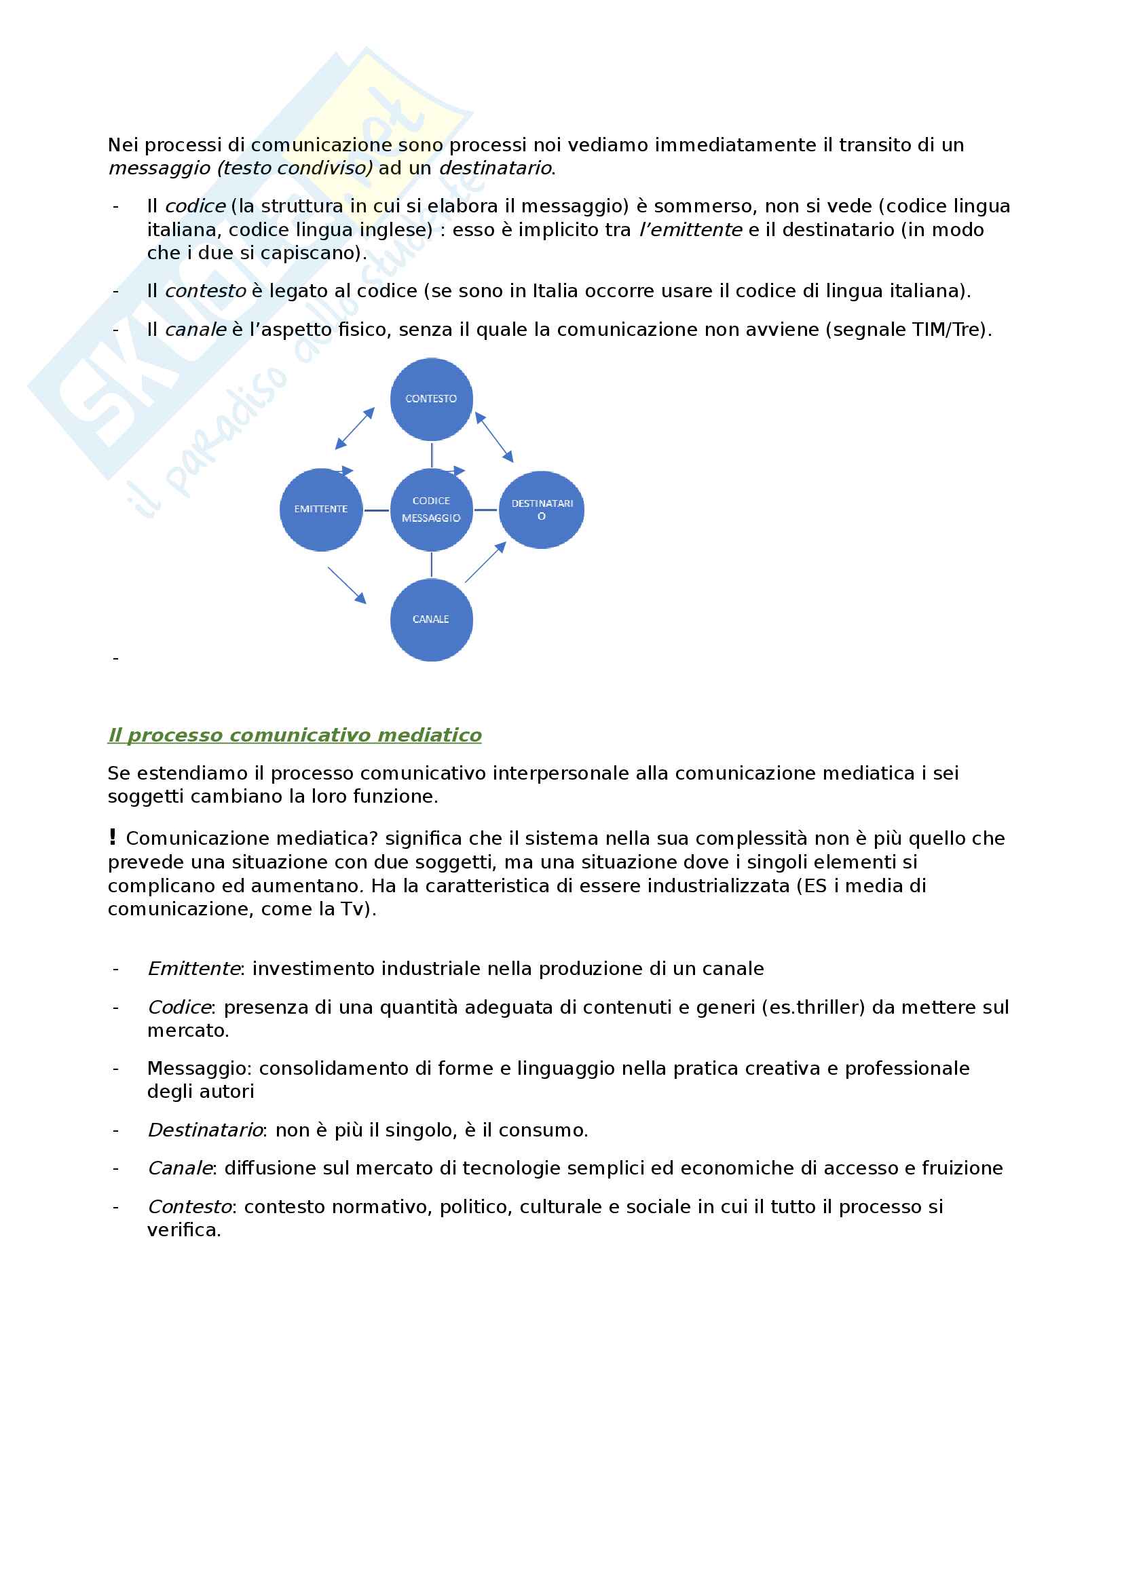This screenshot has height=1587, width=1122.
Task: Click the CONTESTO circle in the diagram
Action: click(x=432, y=399)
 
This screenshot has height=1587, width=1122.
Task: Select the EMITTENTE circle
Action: click(x=321, y=510)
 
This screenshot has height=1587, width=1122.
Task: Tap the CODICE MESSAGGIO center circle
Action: click(x=432, y=510)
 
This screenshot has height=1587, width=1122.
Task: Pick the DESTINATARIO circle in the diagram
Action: click(x=541, y=510)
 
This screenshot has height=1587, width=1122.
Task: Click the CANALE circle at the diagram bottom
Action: click(x=432, y=619)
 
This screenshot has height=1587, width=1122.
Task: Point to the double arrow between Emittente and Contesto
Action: click(x=354, y=428)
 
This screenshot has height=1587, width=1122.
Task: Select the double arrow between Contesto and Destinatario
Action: click(x=494, y=437)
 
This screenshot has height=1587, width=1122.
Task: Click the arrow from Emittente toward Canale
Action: click(x=346, y=586)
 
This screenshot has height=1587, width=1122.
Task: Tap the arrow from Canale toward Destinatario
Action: click(x=485, y=562)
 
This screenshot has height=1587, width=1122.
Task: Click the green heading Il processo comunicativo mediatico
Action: click(x=295, y=735)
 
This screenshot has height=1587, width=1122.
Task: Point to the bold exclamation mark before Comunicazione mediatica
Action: click(x=113, y=837)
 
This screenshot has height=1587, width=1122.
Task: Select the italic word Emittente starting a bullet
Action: click(x=193, y=968)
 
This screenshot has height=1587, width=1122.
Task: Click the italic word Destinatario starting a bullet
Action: click(x=204, y=1130)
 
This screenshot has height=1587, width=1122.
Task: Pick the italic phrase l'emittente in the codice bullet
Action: click(x=690, y=229)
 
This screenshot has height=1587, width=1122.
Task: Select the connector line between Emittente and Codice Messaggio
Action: click(x=376, y=510)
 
